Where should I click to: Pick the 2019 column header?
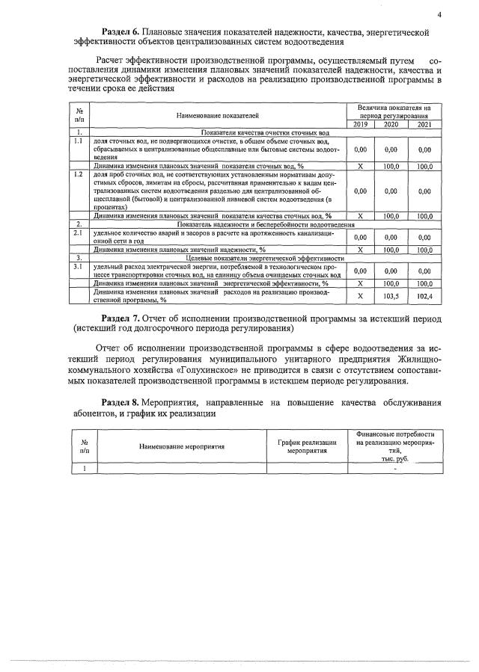[x=360, y=125]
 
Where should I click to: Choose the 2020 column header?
[x=391, y=125]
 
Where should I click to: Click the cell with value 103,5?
[x=391, y=296]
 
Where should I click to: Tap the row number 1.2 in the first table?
[x=77, y=174]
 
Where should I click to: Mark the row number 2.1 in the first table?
[x=77, y=233]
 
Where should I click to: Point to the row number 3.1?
[x=77, y=265]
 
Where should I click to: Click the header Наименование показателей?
[x=218, y=116]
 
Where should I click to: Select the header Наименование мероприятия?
[x=183, y=446]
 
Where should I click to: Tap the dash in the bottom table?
[x=394, y=469]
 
